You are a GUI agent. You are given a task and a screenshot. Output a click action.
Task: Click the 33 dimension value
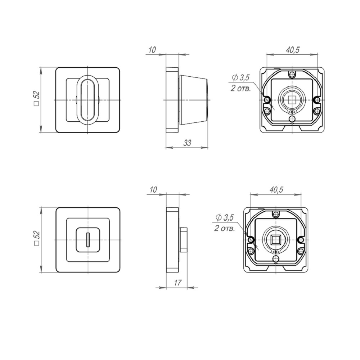point(187,143)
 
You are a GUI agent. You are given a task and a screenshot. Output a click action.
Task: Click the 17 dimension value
point(177,283)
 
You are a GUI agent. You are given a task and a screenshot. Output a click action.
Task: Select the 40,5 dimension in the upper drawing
point(292,50)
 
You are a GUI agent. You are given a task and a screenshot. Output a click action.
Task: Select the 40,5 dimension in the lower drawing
point(276,190)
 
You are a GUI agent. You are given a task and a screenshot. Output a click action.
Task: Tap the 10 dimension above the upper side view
point(152,50)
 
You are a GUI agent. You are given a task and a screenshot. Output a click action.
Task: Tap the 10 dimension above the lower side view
point(153,190)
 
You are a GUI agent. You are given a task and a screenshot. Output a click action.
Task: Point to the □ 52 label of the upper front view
point(36,99)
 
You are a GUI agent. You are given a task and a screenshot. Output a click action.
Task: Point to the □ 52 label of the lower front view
point(36,239)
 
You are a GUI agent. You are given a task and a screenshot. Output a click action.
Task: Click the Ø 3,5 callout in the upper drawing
point(241,77)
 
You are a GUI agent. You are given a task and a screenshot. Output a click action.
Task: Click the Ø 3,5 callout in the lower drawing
point(225,217)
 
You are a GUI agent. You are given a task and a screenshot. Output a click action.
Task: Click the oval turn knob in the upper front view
point(88,99)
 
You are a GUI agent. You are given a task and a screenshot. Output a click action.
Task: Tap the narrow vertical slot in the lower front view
point(88,239)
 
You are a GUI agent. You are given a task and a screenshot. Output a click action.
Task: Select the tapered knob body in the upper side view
point(194,99)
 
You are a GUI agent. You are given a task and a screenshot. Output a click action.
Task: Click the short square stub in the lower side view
point(183,239)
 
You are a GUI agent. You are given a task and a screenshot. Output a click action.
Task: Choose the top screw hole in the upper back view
point(292,75)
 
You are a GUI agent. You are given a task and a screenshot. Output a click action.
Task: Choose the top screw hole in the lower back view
point(276,215)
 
